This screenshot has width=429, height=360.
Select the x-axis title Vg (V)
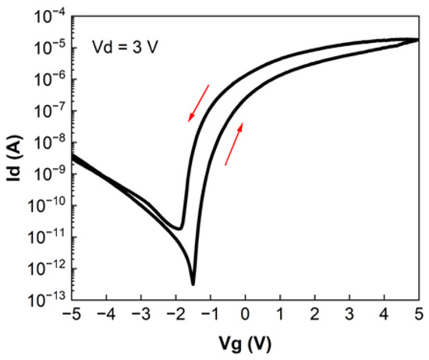tap(246, 344)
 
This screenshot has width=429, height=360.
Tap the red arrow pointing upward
tap(233, 144)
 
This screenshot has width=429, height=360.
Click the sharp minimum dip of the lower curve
tap(193, 283)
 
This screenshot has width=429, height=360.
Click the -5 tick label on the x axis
tap(70, 318)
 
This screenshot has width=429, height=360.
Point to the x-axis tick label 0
tap(246, 318)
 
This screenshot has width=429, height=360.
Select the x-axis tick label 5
tap(419, 318)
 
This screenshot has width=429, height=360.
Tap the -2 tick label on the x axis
tap(175, 318)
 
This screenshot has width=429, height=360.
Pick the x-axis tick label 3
tap(349, 318)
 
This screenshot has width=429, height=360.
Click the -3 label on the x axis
tap(140, 318)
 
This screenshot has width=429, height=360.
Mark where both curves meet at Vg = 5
tap(417, 39)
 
